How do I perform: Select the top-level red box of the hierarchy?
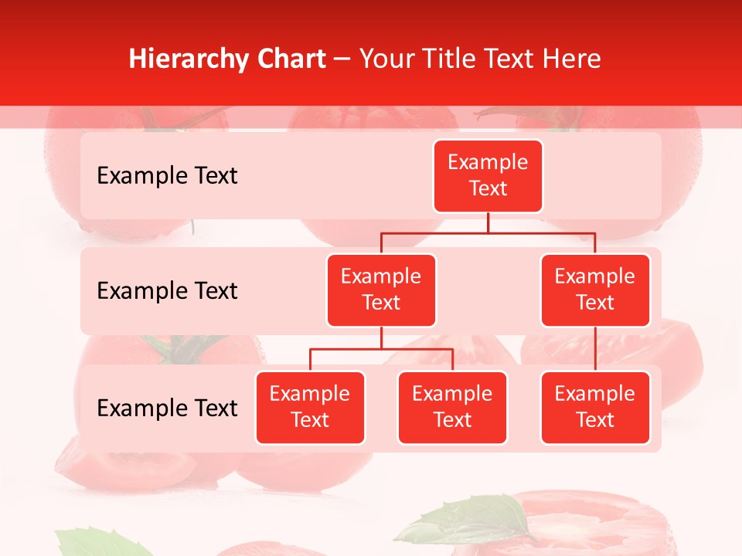coord(488,175)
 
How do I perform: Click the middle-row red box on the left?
coord(381,290)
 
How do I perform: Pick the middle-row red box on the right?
coord(595,290)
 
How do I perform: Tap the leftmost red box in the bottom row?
coord(310,407)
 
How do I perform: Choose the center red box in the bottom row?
coord(452,407)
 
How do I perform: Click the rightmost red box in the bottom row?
coord(595,407)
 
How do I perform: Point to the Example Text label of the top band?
coord(167,176)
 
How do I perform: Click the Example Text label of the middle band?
coord(167,291)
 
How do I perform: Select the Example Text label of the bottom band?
coord(167,408)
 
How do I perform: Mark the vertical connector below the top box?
coord(488,222)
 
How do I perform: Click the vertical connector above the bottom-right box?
coord(595,349)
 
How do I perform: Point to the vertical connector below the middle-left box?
coord(381,337)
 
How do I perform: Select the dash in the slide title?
coord(342,59)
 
